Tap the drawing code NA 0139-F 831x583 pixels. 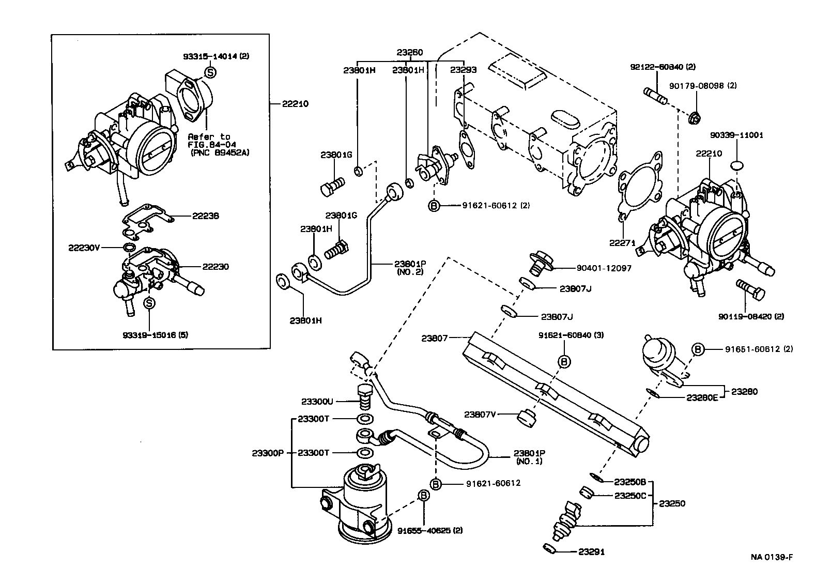(x=772, y=557)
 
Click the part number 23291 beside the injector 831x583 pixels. (x=591, y=552)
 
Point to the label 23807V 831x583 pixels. (x=480, y=414)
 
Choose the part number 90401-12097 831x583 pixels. (x=604, y=268)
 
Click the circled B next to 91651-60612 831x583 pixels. (x=698, y=349)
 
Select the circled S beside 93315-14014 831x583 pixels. (x=210, y=72)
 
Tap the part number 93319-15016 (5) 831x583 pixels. (x=155, y=335)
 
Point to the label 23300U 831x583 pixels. (x=317, y=401)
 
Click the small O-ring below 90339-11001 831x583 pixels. (x=737, y=165)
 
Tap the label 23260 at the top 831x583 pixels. (x=410, y=52)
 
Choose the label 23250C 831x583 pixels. (x=630, y=496)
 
